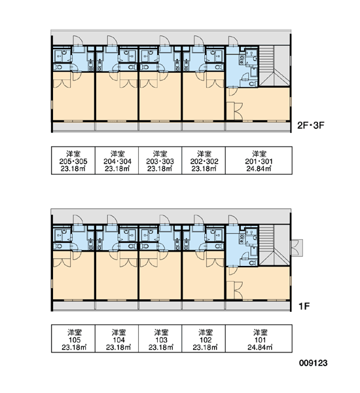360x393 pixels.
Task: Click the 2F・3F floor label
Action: [311, 125]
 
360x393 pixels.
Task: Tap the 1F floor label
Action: [304, 306]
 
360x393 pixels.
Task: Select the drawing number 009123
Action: [313, 363]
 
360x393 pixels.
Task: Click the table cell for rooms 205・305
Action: [73, 160]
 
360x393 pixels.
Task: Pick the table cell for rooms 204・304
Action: [117, 160]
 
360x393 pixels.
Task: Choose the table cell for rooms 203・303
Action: [160, 160]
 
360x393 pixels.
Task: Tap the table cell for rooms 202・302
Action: [204, 160]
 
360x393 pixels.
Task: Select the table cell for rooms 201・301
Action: [259, 160]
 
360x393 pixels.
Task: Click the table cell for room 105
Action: [73, 339]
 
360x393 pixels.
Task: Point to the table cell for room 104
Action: [117, 339]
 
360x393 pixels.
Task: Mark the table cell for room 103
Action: [160, 339]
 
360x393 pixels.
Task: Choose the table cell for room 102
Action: [204, 339]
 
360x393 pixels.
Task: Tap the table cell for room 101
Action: [259, 339]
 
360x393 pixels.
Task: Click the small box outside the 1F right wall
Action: [297, 248]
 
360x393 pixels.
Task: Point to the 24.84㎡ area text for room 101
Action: [260, 347]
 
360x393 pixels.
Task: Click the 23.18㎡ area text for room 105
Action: [74, 347]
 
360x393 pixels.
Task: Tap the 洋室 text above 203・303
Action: [160, 154]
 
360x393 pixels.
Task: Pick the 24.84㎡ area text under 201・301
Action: [259, 169]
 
